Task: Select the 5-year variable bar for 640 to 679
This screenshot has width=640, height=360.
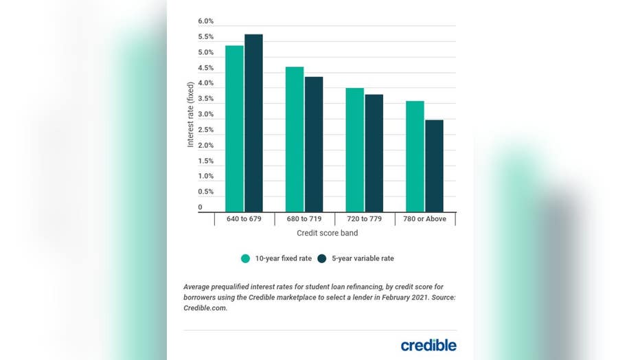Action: (x=253, y=123)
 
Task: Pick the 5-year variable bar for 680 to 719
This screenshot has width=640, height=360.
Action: (x=314, y=144)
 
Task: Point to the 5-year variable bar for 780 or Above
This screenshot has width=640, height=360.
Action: (x=434, y=166)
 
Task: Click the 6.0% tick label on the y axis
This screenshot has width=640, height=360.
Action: (x=206, y=21)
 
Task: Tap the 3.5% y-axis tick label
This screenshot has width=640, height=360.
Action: (x=206, y=99)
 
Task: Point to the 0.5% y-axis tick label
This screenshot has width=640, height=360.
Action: (x=206, y=192)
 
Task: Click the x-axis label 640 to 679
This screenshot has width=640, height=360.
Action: (x=244, y=219)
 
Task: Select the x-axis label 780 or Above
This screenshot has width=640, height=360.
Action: (x=424, y=219)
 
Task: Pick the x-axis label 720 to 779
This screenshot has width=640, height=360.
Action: (x=365, y=219)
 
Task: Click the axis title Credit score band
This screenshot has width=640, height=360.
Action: (x=326, y=234)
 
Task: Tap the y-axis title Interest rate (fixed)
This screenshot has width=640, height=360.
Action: (x=191, y=114)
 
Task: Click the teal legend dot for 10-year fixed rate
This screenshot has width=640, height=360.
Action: (x=245, y=258)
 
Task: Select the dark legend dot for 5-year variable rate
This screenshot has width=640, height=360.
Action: (x=322, y=258)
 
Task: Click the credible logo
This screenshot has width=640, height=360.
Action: (x=428, y=345)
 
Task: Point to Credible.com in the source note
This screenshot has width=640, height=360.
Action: (x=205, y=308)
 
